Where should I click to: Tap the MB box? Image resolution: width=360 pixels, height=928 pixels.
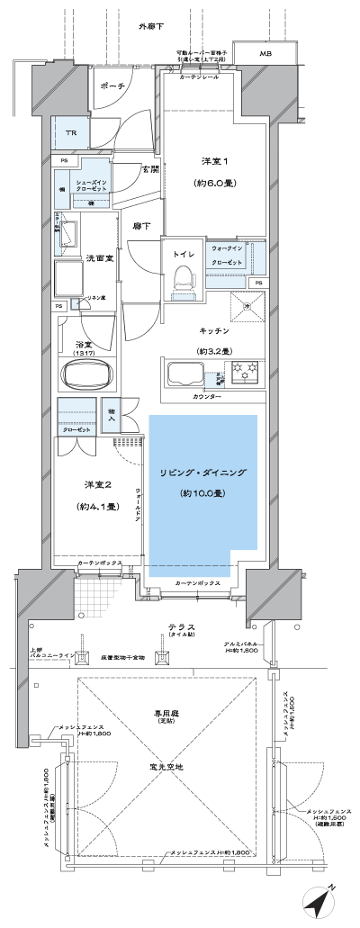pyautogui.click(x=265, y=55)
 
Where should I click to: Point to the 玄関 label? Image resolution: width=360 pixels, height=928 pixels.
pyautogui.click(x=148, y=168)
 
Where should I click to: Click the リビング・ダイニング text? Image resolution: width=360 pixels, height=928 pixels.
pyautogui.click(x=202, y=473)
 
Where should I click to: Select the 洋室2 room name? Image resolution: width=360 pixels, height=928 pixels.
pyautogui.click(x=96, y=486)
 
